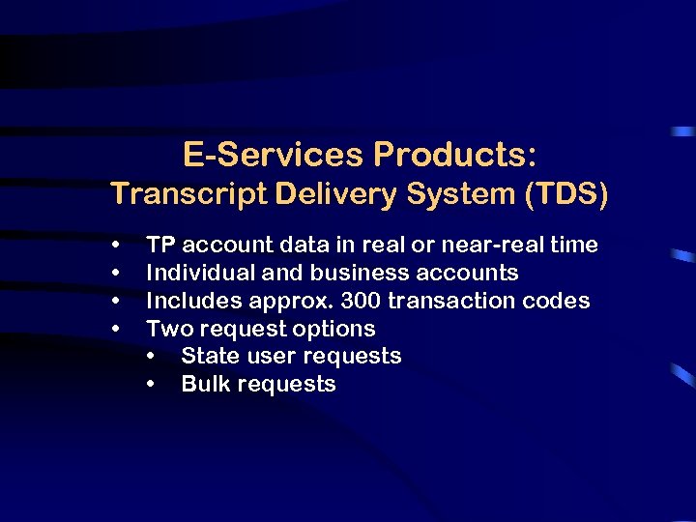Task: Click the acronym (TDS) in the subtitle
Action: (x=566, y=195)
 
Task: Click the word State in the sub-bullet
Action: (x=211, y=356)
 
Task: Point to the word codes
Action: (x=555, y=301)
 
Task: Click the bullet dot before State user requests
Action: (x=152, y=357)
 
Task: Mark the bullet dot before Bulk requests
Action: (x=152, y=385)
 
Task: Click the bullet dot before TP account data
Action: (x=116, y=246)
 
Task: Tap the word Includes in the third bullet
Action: (x=190, y=301)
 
